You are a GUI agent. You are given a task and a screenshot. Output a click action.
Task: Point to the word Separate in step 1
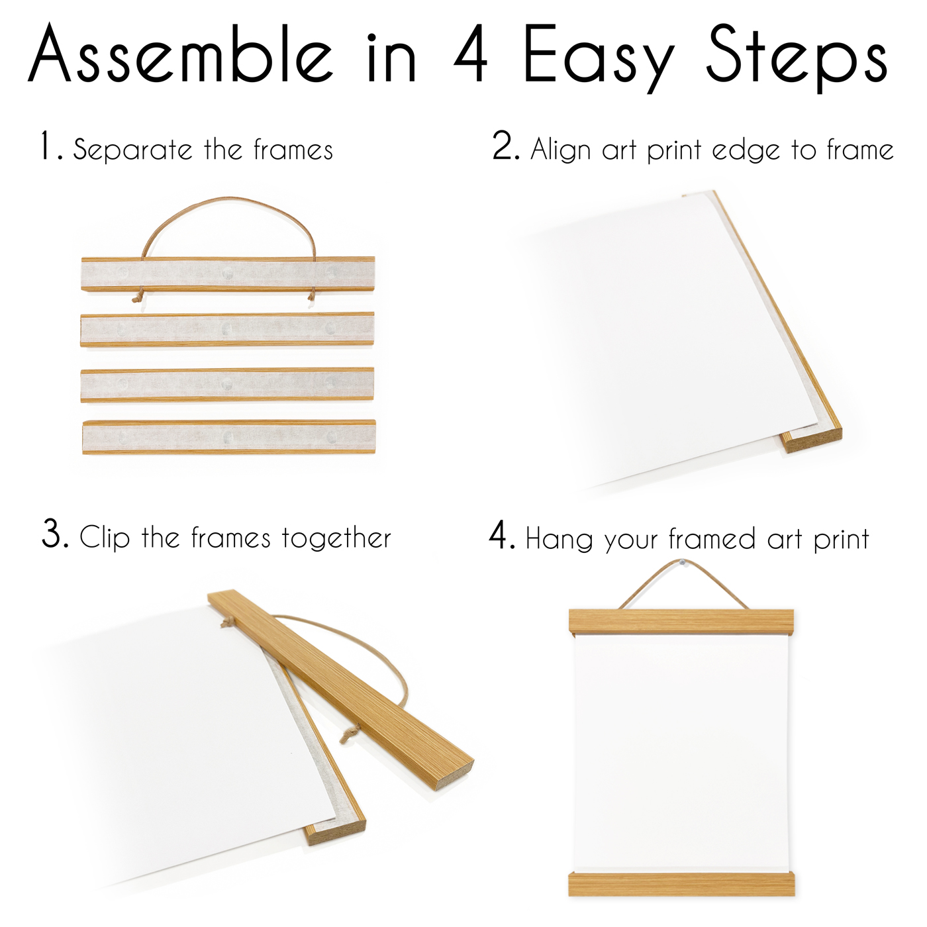[x=133, y=150]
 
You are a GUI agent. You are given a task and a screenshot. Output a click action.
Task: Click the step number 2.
[x=505, y=146]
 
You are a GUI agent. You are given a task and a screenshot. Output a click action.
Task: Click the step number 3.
[x=55, y=534]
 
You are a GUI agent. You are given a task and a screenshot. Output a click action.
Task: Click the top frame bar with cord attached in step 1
[x=228, y=273]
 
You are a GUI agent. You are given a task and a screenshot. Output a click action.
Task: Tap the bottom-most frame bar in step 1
[x=228, y=437]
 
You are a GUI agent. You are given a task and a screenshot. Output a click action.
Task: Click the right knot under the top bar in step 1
[x=311, y=297]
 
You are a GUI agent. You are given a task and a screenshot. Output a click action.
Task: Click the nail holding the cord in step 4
[x=683, y=563]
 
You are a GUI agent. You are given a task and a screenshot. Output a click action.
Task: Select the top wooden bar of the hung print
[x=681, y=622]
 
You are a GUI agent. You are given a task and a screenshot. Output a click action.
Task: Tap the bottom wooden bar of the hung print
[x=681, y=884]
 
